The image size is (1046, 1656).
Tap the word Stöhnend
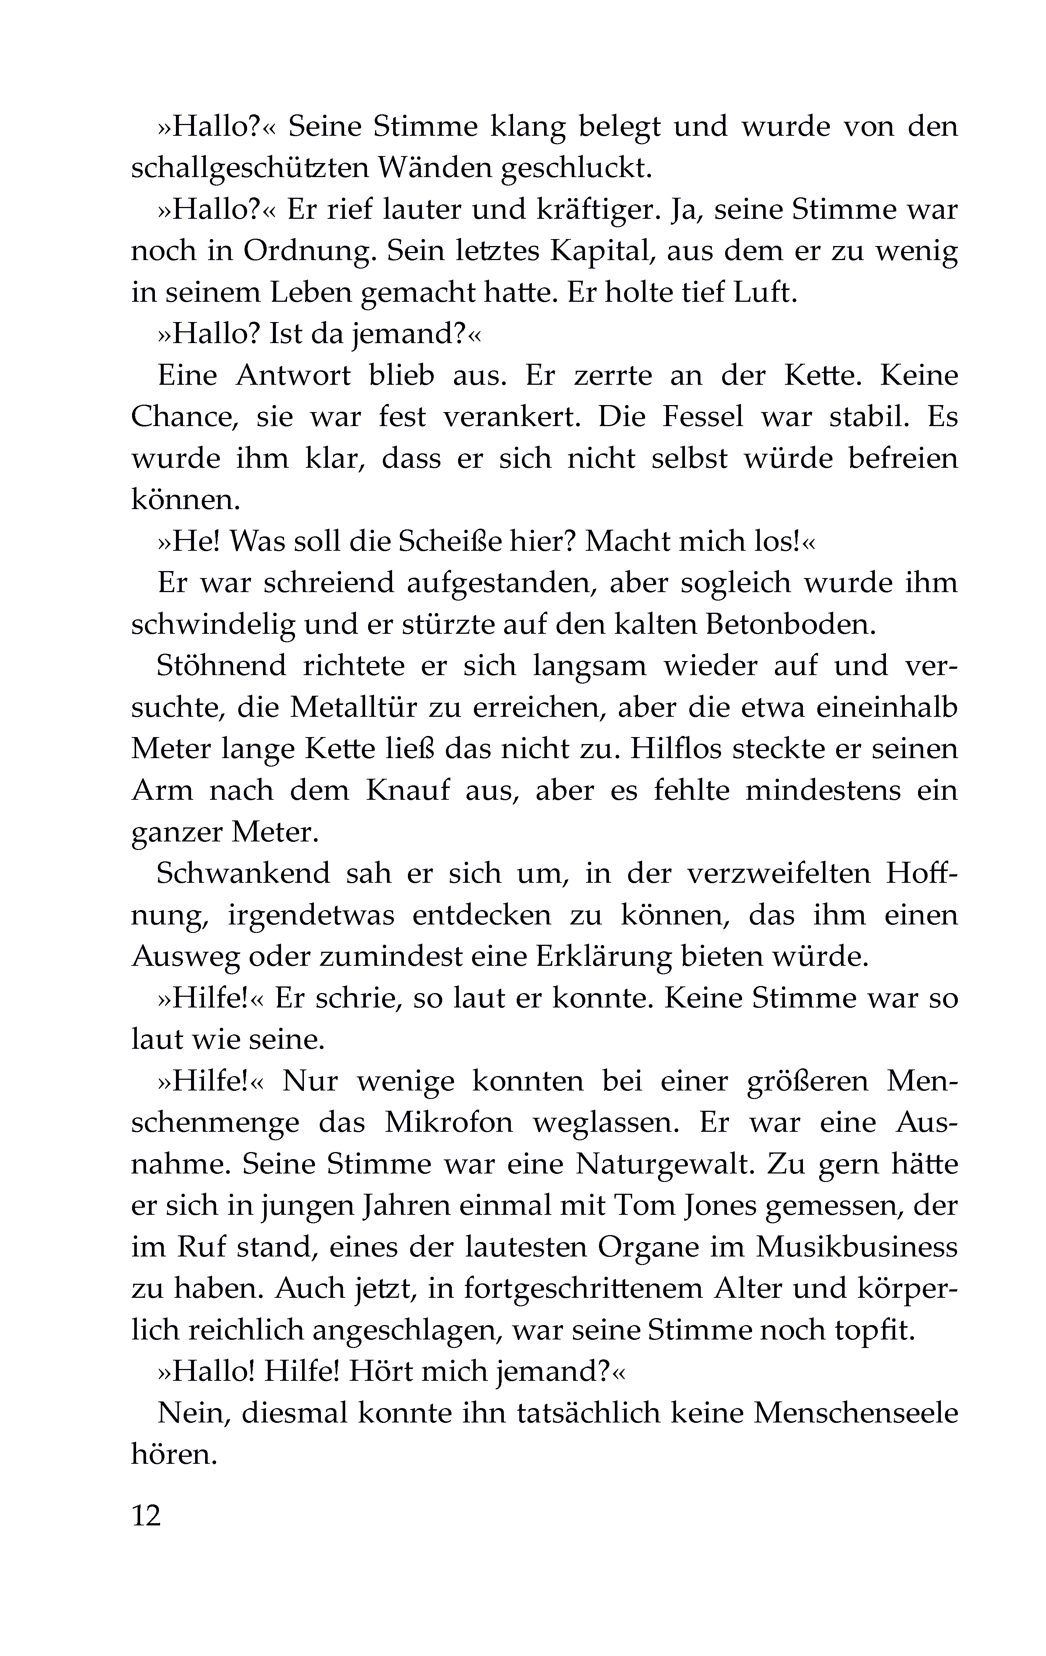pyautogui.click(x=221, y=666)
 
